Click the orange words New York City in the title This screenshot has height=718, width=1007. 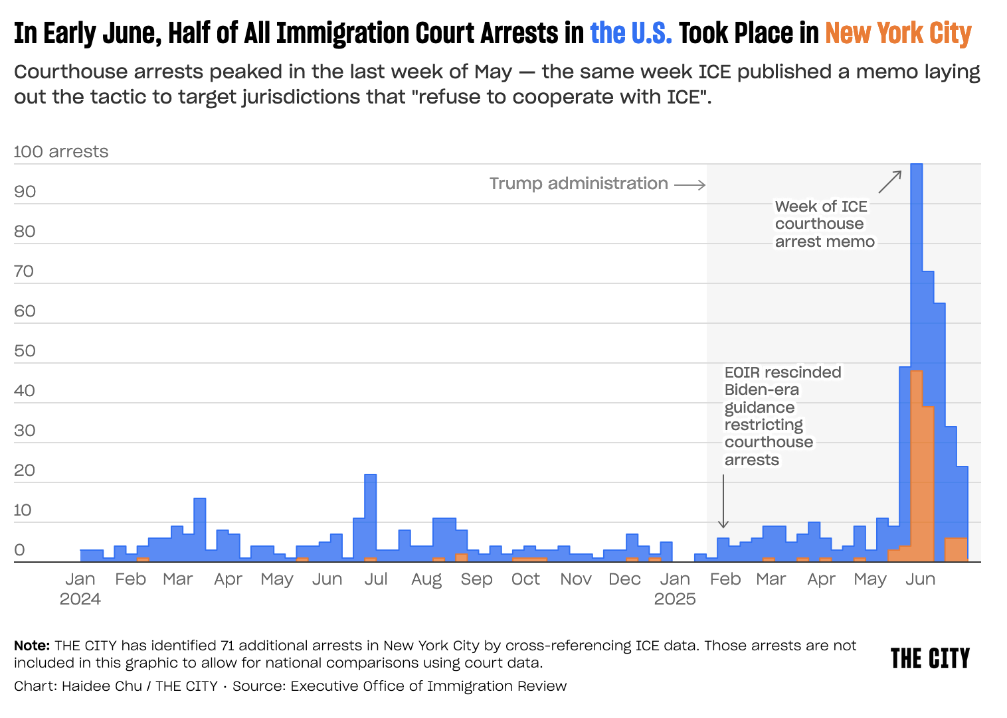click(x=898, y=33)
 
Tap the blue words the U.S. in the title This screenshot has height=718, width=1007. click(x=631, y=33)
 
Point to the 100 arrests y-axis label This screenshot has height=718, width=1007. click(x=61, y=152)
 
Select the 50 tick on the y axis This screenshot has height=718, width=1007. click(x=25, y=350)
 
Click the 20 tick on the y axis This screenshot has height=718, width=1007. click(x=25, y=470)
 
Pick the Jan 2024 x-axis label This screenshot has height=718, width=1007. click(x=80, y=589)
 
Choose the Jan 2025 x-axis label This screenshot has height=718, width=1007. click(x=675, y=589)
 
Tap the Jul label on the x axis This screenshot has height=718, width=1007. click(x=376, y=579)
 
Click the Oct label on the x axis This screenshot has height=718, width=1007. click(x=525, y=579)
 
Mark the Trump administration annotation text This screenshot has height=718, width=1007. click(x=579, y=184)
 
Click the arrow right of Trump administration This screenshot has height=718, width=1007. click(x=690, y=185)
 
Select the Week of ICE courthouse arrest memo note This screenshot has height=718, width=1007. click(x=824, y=224)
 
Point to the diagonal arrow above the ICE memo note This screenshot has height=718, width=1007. click(x=890, y=182)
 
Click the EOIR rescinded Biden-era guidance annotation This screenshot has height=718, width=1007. click(x=782, y=416)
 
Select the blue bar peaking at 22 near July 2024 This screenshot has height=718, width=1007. click(x=371, y=518)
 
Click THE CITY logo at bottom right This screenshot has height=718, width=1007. click(x=930, y=658)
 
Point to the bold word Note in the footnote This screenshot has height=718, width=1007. click(x=32, y=646)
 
